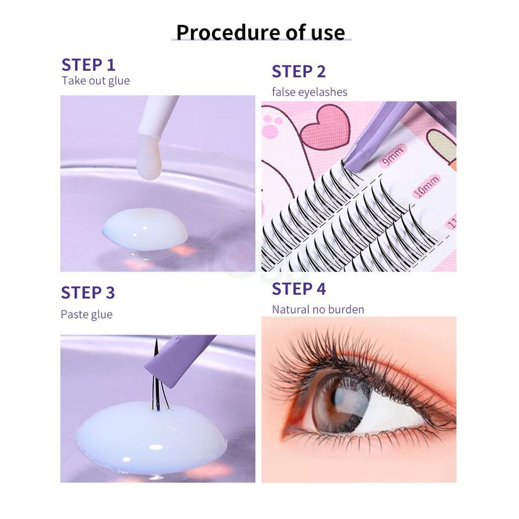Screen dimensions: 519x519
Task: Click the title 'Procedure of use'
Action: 261,32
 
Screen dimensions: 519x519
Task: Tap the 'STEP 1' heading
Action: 88,65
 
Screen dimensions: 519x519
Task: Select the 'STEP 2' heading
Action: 298,72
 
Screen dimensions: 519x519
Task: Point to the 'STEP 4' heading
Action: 298,289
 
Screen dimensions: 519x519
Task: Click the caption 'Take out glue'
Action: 95,81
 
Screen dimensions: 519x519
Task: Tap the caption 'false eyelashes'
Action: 309,92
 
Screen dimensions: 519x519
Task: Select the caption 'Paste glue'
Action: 86,315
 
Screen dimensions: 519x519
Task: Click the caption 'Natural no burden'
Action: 318,309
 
